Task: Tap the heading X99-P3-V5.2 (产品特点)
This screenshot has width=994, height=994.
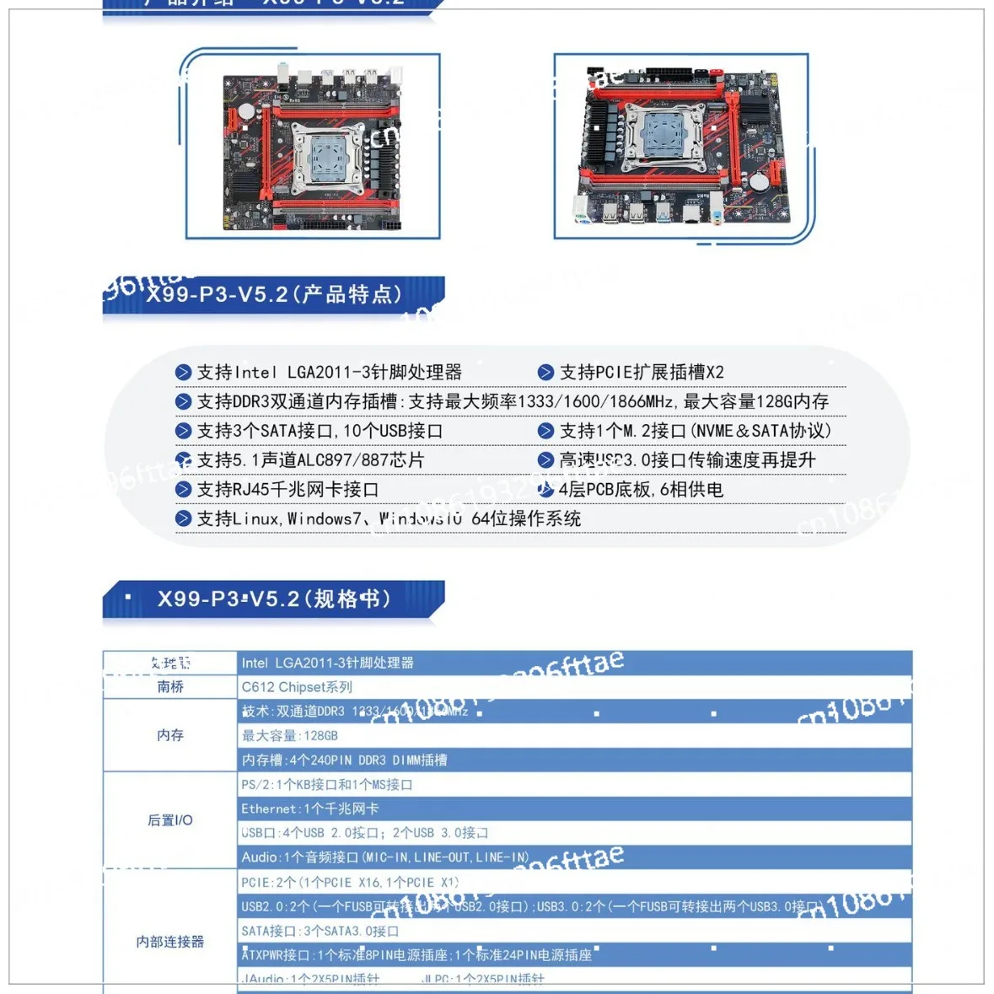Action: [x=273, y=294]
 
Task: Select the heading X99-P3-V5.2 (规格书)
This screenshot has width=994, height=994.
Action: [x=273, y=599]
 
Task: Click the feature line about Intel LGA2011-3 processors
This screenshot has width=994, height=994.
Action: [x=329, y=372]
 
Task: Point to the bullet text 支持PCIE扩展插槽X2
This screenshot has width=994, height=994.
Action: [x=641, y=372]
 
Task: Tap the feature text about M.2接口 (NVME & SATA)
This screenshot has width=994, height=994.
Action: [x=695, y=431]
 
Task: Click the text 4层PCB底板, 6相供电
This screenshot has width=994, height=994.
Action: [x=640, y=490]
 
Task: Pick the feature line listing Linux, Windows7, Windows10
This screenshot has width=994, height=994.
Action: [x=388, y=518]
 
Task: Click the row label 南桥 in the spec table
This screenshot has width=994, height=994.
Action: [x=170, y=687]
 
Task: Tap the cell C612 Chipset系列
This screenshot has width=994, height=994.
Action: [x=297, y=687]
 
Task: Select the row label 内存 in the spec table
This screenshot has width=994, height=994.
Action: [x=170, y=735]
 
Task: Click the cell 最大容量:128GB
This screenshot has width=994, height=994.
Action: [x=289, y=736]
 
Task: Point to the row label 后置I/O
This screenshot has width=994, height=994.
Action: [x=170, y=820]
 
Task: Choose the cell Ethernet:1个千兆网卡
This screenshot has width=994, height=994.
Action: [x=309, y=809]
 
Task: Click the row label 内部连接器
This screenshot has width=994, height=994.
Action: [x=170, y=942]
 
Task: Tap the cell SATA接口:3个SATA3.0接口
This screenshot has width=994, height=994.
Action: [x=320, y=931]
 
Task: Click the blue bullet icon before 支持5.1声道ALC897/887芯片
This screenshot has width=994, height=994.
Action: [x=183, y=460]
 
